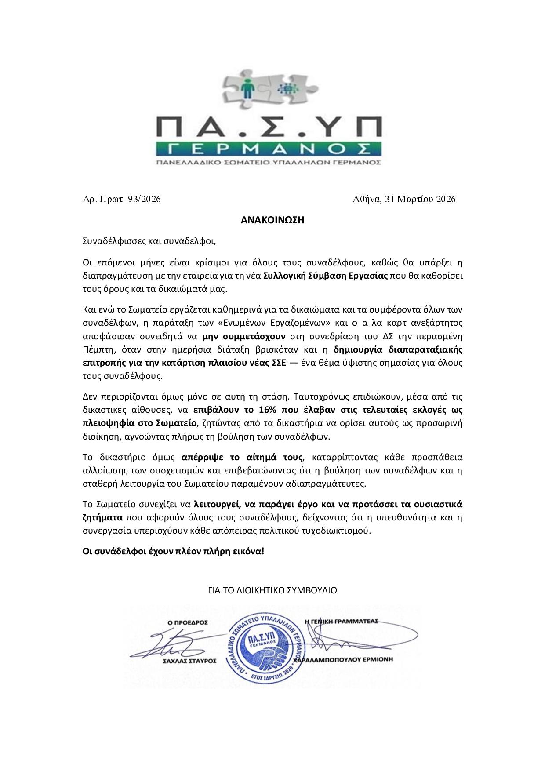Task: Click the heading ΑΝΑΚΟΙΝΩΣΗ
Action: point(272,220)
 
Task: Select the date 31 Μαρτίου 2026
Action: point(420,199)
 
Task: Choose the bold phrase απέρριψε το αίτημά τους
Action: point(242,458)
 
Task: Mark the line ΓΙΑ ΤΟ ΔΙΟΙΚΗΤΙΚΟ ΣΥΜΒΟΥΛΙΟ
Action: point(272,590)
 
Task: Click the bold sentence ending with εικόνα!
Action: point(174,551)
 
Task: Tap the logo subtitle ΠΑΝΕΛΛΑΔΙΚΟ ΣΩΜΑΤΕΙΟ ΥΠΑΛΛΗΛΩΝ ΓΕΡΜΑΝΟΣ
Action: point(269,163)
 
